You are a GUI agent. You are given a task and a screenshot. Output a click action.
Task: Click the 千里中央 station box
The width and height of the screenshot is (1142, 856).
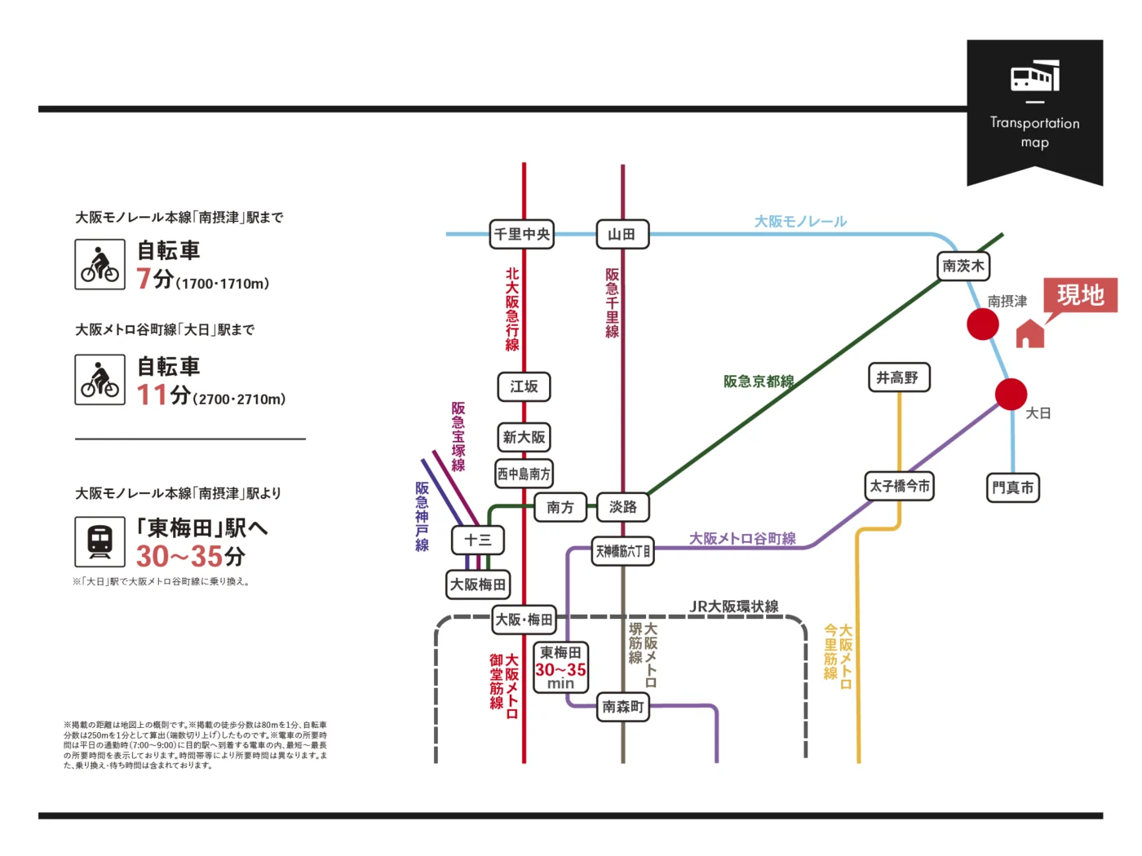(522, 234)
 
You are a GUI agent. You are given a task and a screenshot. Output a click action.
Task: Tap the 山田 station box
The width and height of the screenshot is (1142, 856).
(622, 234)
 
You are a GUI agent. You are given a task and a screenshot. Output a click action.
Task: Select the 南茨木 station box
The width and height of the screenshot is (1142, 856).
(963, 266)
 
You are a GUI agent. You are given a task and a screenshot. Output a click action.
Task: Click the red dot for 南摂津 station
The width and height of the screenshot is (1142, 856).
(983, 324)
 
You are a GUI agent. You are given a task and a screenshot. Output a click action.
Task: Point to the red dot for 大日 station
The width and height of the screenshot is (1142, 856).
(1011, 395)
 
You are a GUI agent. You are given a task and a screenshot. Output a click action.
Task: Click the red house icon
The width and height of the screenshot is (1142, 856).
(1030, 333)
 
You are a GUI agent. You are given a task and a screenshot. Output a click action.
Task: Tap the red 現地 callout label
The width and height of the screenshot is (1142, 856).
(1080, 294)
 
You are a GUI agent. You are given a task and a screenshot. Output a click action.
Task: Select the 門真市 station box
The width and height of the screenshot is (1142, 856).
(1013, 488)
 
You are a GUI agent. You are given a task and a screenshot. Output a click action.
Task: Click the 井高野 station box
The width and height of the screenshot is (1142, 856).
(898, 377)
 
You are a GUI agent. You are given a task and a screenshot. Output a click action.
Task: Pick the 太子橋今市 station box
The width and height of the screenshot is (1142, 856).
(900, 486)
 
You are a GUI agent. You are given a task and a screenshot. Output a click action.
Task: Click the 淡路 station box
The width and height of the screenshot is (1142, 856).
(623, 507)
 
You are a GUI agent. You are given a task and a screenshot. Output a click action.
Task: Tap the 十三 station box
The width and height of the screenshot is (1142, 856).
(478, 540)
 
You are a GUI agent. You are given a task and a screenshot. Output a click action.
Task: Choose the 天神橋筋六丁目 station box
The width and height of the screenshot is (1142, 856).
(623, 551)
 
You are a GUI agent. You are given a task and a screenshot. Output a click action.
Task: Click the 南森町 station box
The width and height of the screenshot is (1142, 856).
(623, 707)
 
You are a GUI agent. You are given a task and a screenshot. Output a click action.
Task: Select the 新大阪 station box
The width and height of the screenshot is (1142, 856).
(524, 437)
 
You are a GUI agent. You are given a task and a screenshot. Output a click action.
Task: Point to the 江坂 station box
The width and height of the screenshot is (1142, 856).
(524, 386)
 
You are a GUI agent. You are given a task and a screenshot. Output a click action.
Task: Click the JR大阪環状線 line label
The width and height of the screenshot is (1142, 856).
(734, 606)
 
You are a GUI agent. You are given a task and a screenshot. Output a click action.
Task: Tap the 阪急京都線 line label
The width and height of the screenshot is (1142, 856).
(759, 381)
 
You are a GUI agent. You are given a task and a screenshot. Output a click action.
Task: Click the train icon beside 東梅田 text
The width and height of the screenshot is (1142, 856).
(100, 541)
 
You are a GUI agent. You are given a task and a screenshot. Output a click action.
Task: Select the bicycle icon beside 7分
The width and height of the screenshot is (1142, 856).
(100, 264)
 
